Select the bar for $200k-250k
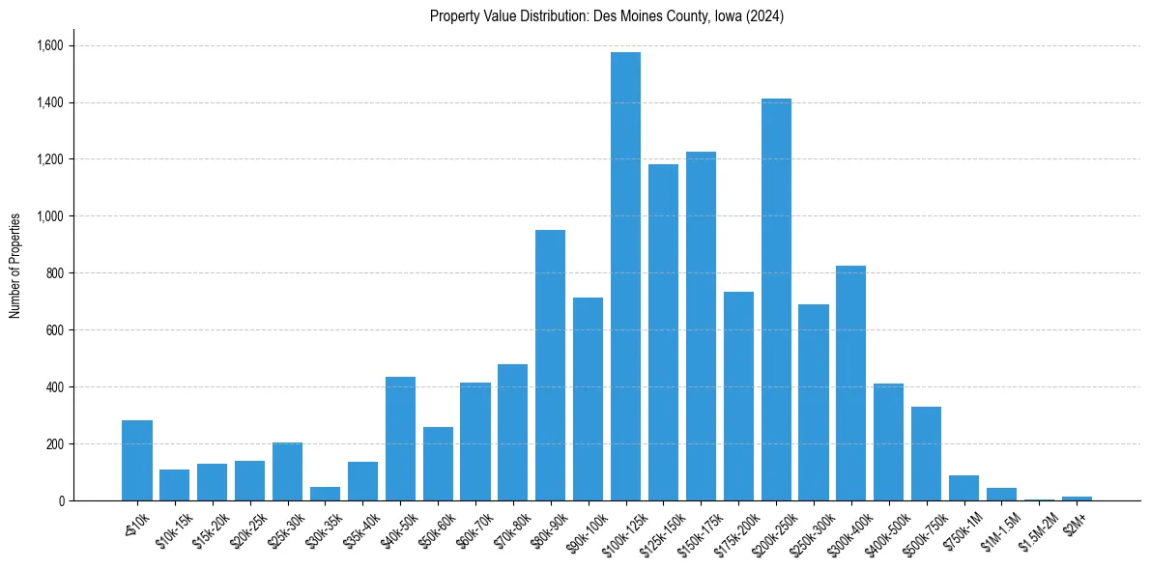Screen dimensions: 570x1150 tap(776, 299)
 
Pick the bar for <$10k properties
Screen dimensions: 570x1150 tap(137, 461)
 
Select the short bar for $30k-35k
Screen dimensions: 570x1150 tap(325, 494)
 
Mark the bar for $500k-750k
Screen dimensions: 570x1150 tap(926, 454)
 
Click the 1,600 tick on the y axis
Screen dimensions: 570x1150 tap(50, 45)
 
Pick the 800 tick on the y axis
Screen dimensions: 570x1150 tap(55, 273)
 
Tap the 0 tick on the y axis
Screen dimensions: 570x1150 tap(61, 500)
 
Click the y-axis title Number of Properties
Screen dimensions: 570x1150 tap(14, 266)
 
